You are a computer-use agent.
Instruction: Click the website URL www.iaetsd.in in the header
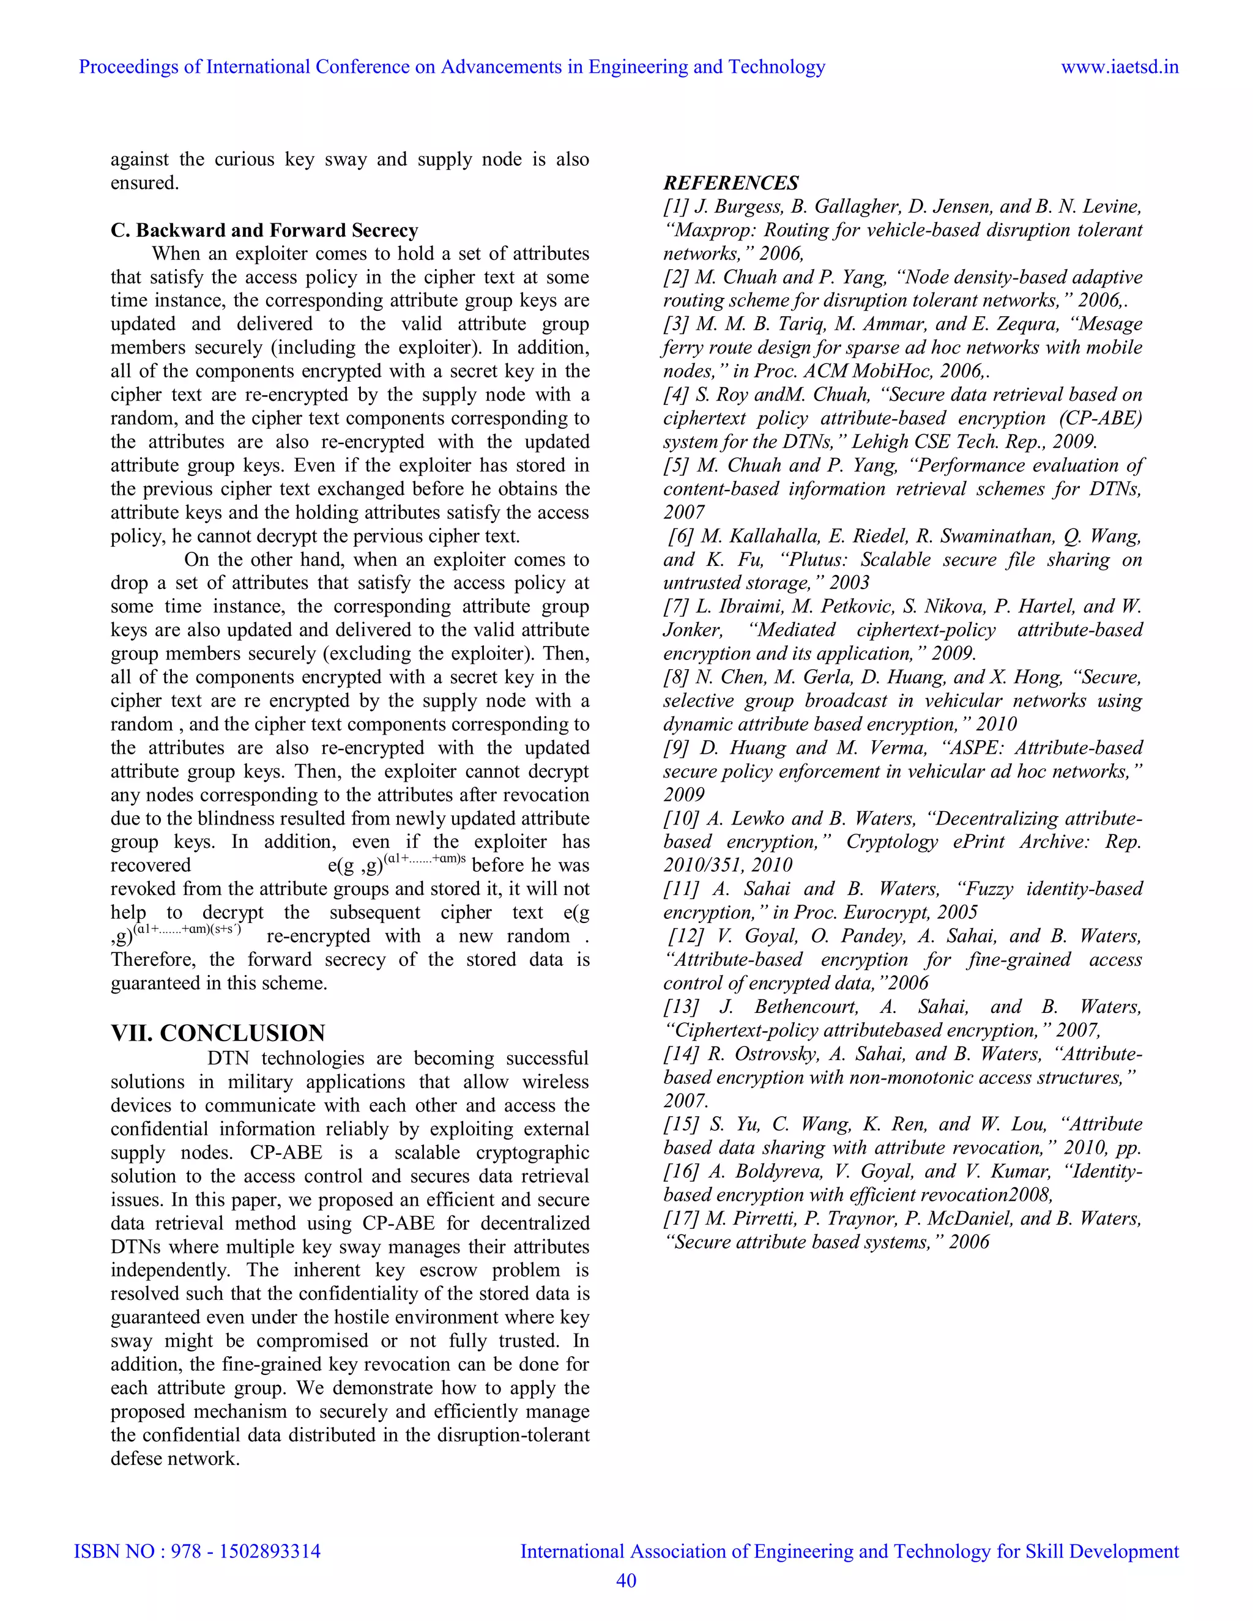tap(1120, 67)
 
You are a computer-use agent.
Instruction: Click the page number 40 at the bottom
tap(626, 1580)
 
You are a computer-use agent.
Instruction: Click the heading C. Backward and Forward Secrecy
tap(264, 230)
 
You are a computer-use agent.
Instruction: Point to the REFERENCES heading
tap(731, 184)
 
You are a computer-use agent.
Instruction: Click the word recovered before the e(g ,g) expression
tap(151, 866)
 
